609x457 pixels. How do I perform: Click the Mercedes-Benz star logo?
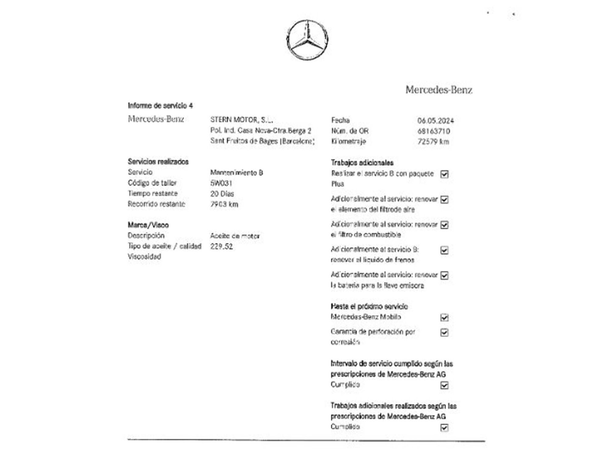pos(307,40)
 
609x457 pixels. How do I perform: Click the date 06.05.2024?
pos(435,121)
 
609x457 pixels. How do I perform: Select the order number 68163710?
pos(434,131)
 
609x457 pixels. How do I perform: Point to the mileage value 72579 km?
pos(433,142)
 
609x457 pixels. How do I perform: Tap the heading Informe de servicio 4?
pos(160,106)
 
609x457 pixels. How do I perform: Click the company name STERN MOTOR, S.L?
pos(241,120)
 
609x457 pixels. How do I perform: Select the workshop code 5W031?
pos(221,183)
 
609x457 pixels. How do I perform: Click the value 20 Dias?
pos(222,194)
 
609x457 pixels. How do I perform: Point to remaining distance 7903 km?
pos(224,204)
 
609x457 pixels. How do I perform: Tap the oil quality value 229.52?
pos(221,246)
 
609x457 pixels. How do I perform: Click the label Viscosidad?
pos(144,257)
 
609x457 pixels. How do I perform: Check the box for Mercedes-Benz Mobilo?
pos(444,317)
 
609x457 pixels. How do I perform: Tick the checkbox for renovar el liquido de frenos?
pos(444,250)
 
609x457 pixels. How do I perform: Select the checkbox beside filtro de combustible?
pos(444,225)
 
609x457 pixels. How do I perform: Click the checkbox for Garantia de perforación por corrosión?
pos(444,332)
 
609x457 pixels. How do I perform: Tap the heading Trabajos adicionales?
pos(362,163)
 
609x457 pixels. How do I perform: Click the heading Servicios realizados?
pos(158,162)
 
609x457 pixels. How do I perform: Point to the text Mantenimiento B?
pos(237,173)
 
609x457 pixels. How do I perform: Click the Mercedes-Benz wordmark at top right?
pos(439,90)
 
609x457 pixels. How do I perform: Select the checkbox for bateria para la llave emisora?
pos(444,276)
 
